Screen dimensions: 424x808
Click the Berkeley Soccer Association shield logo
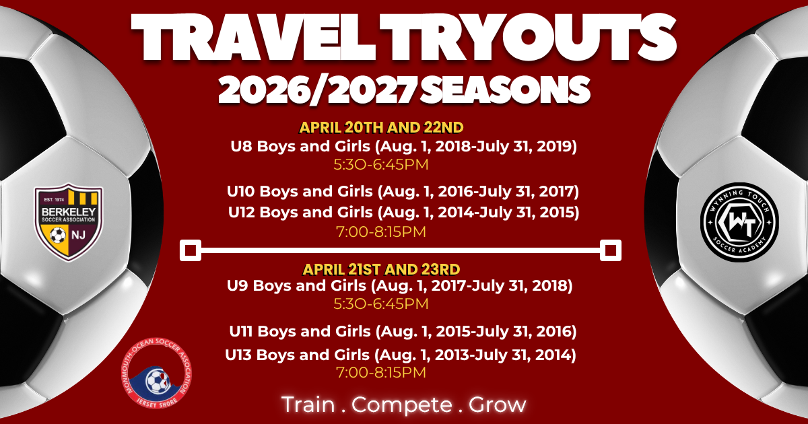point(67,222)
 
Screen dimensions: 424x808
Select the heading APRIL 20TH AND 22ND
point(382,127)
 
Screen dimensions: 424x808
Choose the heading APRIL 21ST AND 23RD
point(381,269)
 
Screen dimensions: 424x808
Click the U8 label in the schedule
point(240,146)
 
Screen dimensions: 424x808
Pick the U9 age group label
point(239,286)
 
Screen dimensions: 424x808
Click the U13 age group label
point(240,355)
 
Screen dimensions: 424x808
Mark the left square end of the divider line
point(191,250)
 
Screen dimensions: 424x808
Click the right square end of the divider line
point(611,250)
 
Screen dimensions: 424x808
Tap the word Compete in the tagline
point(402,404)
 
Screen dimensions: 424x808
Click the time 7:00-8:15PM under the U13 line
point(380,372)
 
